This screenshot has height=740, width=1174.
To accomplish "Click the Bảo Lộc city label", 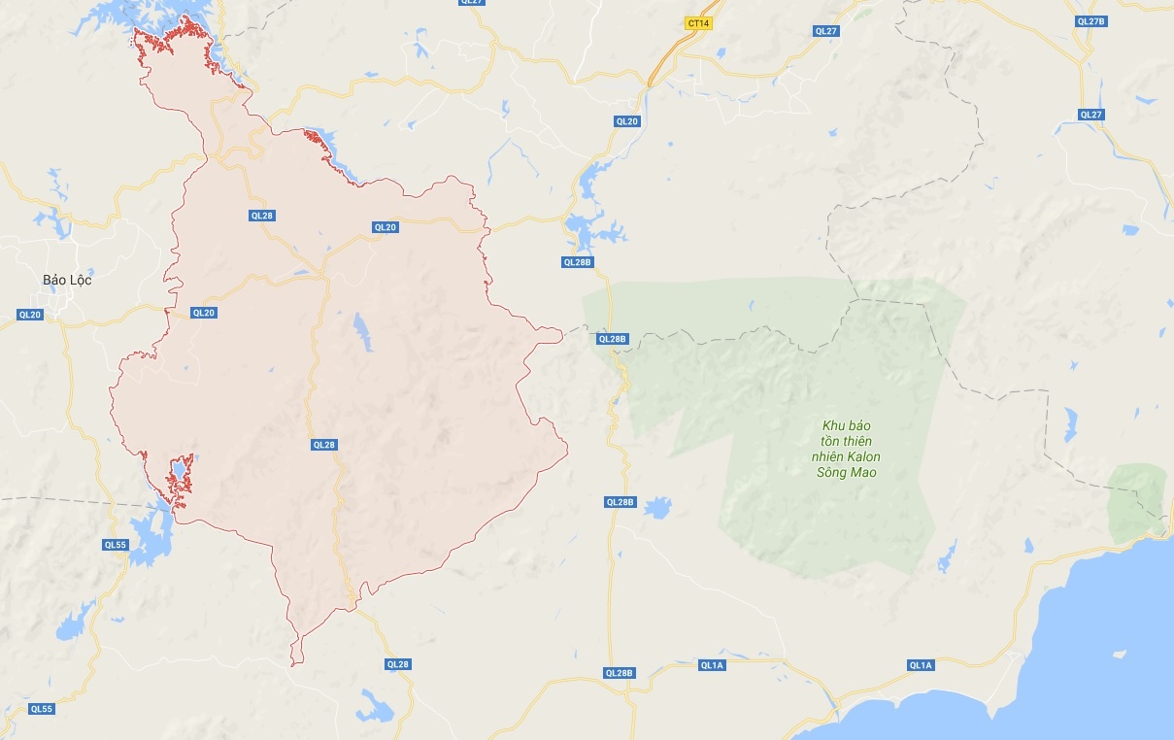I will pyautogui.click(x=67, y=280).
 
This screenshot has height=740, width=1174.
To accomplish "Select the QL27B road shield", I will pyautogui.click(x=1091, y=20).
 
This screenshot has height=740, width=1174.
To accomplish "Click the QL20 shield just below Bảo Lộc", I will pyautogui.click(x=30, y=315).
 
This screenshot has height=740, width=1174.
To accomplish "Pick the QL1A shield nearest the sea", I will pyautogui.click(x=920, y=665).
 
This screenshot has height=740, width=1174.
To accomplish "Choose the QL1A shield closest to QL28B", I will pyautogui.click(x=712, y=665).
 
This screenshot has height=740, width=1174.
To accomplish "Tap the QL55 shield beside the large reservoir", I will pyautogui.click(x=116, y=545).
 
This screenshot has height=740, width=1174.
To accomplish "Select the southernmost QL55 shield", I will pyautogui.click(x=41, y=709).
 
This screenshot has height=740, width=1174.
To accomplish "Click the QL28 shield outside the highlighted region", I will pyautogui.click(x=397, y=664).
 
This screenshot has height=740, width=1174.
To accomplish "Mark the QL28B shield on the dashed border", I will pyautogui.click(x=613, y=339).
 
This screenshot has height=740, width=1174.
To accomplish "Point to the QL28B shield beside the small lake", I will pyautogui.click(x=620, y=502).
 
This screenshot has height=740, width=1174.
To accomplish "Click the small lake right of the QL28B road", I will pyautogui.click(x=657, y=507).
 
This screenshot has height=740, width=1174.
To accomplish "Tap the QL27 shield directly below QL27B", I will pyautogui.click(x=1091, y=115).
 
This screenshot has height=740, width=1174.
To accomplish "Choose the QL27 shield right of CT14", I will pyautogui.click(x=825, y=31).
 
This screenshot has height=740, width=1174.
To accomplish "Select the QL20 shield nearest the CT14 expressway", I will pyautogui.click(x=627, y=121).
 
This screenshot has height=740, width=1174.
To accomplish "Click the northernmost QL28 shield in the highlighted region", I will pyautogui.click(x=261, y=216).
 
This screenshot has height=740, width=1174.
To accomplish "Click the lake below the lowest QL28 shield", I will pyautogui.click(x=374, y=707).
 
